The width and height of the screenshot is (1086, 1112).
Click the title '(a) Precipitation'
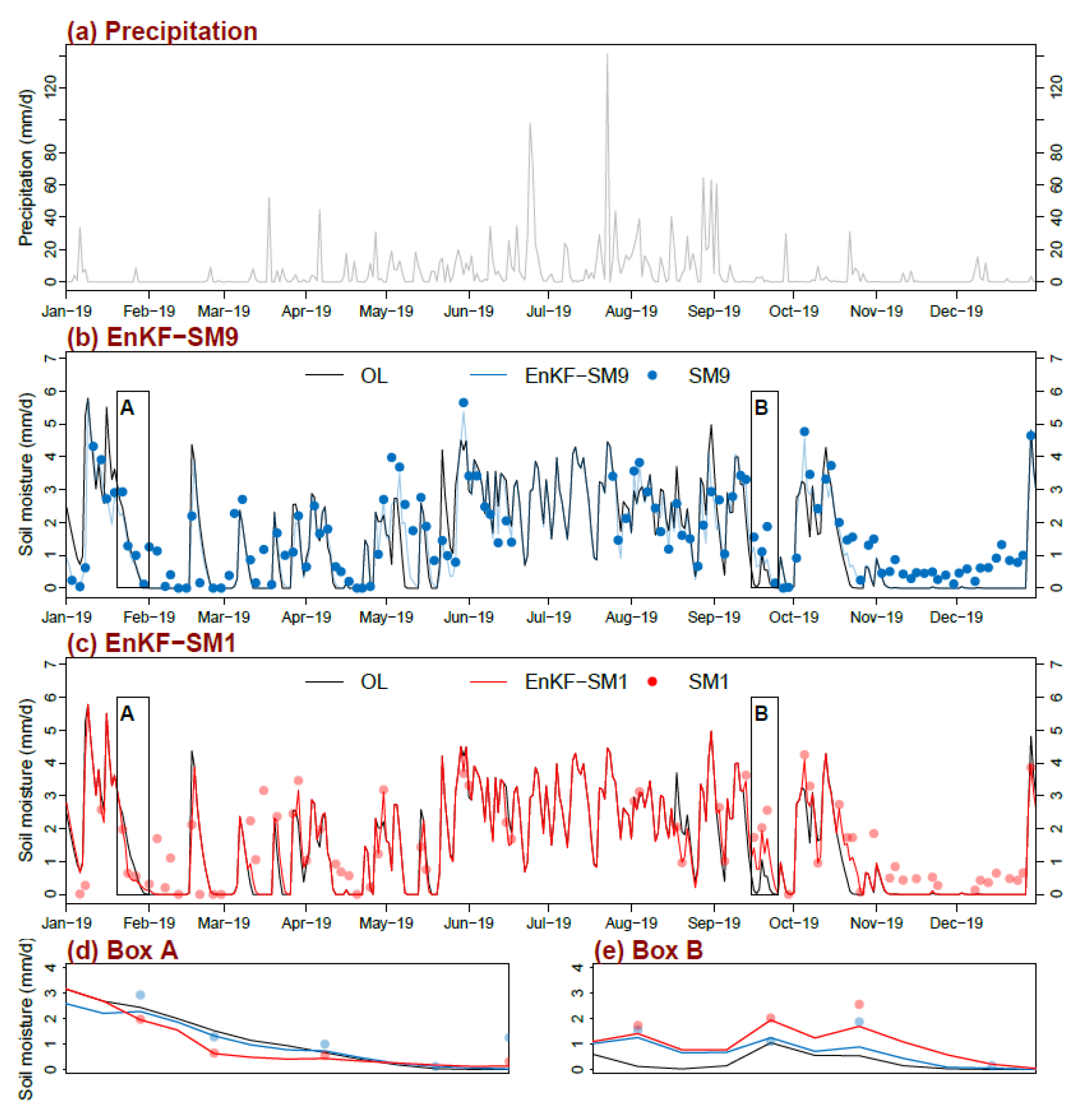(x=162, y=31)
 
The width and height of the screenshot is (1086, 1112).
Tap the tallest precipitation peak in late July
(x=607, y=55)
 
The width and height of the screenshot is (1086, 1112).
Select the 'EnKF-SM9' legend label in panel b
(x=576, y=375)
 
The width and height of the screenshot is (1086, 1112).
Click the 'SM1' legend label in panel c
(x=708, y=682)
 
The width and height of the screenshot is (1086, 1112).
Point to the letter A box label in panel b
(x=127, y=408)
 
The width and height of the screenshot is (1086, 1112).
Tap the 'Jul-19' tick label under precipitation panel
(x=548, y=311)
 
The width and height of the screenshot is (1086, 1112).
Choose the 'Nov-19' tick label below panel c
(x=876, y=923)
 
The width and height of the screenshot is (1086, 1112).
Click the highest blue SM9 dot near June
(x=463, y=403)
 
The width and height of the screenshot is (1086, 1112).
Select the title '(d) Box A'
(x=122, y=950)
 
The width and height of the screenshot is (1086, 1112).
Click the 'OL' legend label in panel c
(x=374, y=682)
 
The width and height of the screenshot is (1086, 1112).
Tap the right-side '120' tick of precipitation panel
(x=1056, y=87)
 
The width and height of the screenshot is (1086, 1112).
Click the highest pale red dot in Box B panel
(x=859, y=1004)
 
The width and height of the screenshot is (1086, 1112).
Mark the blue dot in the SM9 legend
(x=653, y=375)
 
